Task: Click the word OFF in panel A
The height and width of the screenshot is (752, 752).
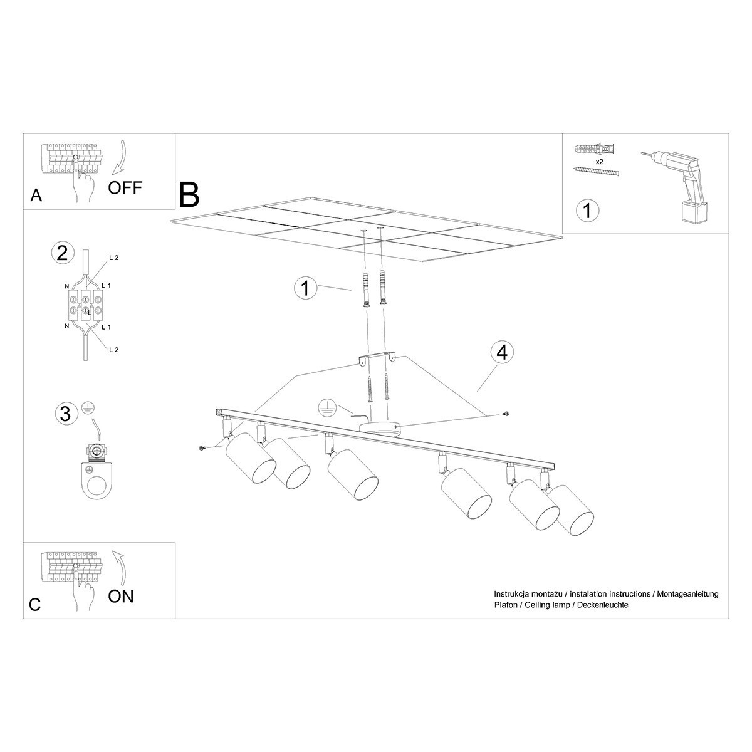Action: point(125,187)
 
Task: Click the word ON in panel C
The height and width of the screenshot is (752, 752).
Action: point(121,595)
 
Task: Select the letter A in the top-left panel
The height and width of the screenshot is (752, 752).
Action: point(36,196)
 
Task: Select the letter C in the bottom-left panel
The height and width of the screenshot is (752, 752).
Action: point(35,604)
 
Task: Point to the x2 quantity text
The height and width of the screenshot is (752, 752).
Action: point(598,162)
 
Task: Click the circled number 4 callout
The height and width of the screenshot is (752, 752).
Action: point(501,353)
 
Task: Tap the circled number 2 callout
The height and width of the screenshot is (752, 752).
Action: point(62,253)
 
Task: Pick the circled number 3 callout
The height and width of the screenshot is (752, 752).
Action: point(64,414)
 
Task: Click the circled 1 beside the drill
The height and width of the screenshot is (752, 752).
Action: point(587,210)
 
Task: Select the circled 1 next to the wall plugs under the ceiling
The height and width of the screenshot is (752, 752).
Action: point(305,288)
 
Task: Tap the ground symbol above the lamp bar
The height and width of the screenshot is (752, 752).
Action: point(325,407)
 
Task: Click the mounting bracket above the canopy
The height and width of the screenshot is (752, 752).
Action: point(376,358)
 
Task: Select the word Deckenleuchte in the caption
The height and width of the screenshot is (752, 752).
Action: point(603,605)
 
